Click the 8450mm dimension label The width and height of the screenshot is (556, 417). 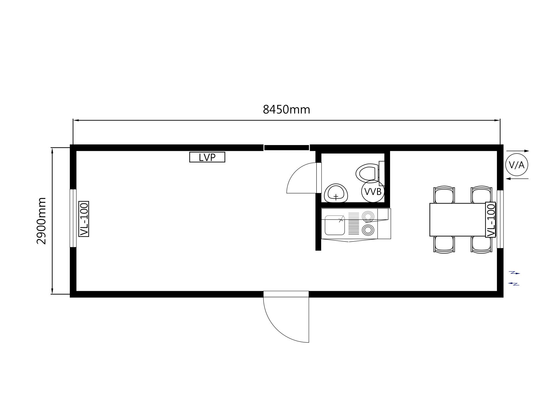(286, 110)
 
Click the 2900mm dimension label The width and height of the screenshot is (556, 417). (41, 221)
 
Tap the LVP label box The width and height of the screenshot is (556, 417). (207, 157)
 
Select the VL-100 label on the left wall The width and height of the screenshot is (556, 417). (84, 219)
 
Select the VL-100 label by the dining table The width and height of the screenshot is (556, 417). (491, 220)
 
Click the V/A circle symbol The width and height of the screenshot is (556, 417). (517, 165)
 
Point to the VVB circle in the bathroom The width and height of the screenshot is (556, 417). (373, 191)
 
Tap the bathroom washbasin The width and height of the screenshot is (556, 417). (336, 193)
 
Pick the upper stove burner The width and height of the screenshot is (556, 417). (368, 216)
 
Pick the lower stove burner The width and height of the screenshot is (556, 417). (368, 230)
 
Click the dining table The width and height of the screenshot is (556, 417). (458, 220)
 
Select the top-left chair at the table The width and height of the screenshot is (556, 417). (444, 195)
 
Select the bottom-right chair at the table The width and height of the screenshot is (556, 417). (481, 244)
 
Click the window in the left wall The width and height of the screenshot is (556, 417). (73, 218)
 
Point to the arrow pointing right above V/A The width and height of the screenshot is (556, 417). (518, 151)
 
